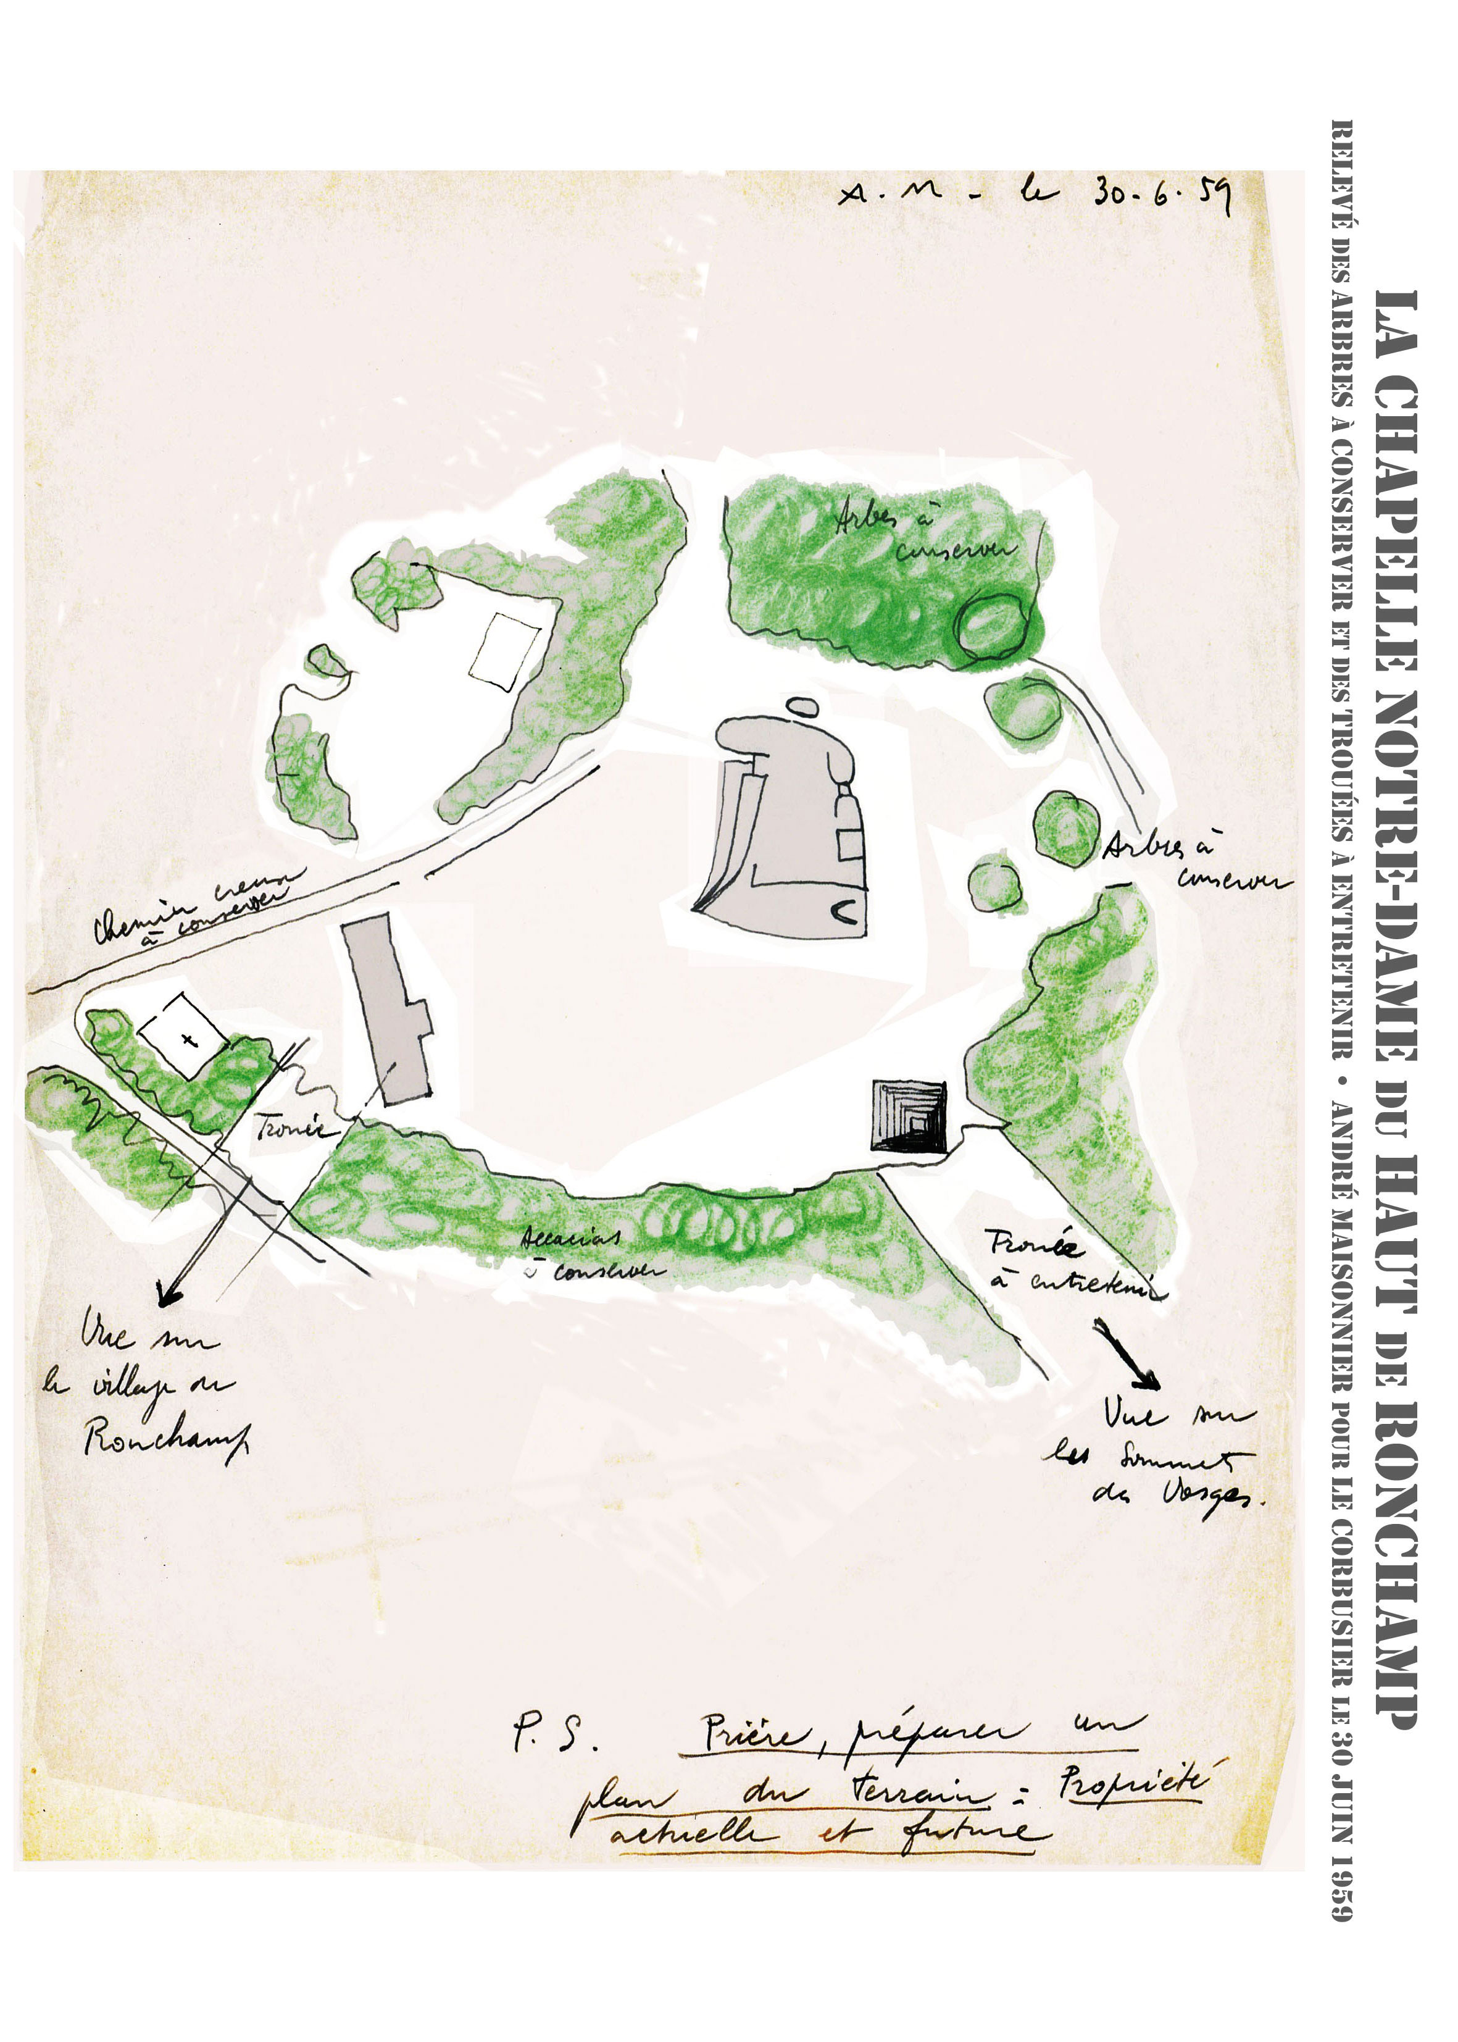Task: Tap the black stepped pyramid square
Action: [909, 1116]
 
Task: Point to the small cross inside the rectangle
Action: [188, 1040]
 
